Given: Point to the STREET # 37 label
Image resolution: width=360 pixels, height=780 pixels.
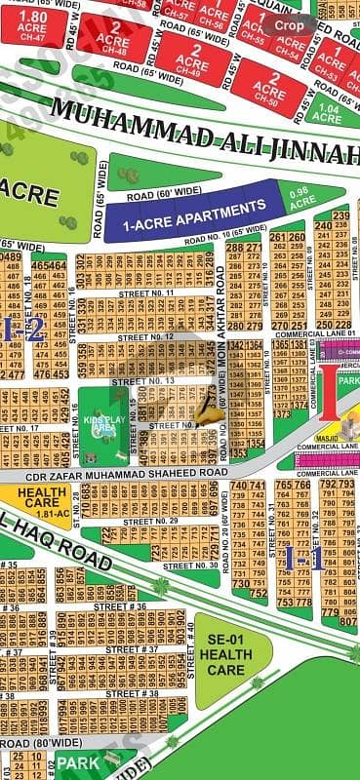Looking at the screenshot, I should click(x=132, y=649).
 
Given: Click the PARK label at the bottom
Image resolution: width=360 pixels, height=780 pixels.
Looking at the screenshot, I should click(x=78, y=763).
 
